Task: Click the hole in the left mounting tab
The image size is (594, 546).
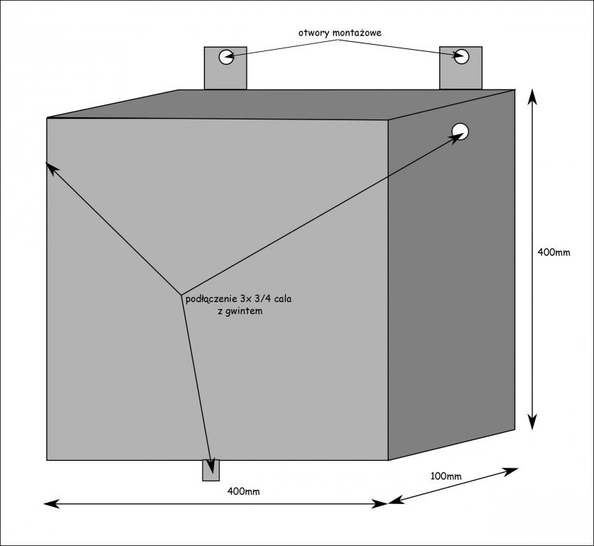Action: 226,57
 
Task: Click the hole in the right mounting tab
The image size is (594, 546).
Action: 463,57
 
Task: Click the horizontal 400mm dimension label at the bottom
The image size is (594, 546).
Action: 244,491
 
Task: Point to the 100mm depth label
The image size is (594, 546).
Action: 445,475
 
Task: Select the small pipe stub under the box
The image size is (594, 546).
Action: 211,470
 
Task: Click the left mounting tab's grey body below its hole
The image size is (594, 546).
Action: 225,77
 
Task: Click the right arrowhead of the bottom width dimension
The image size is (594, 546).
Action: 382,503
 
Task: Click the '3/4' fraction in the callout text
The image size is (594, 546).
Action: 261,299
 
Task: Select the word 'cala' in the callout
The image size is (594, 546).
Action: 283,299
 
